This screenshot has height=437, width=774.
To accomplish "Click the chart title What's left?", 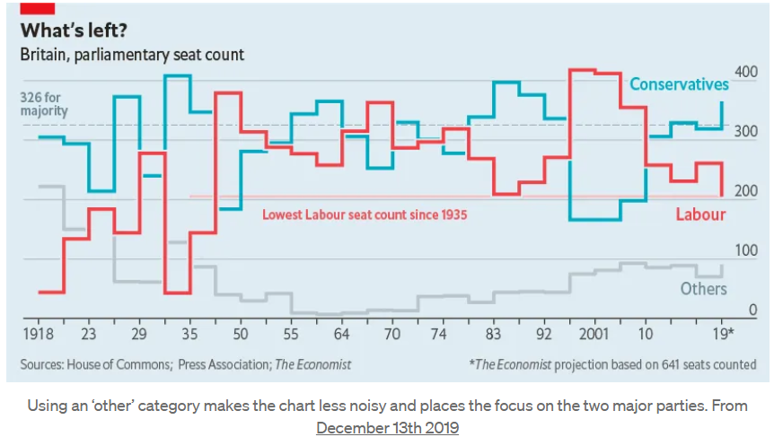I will pyautogui.click(x=74, y=31).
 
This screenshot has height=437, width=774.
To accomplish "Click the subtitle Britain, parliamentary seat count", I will pyautogui.click(x=132, y=55).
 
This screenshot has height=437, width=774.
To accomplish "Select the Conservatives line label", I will pyautogui.click(x=679, y=84).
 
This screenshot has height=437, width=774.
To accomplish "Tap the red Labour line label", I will pyautogui.click(x=700, y=214).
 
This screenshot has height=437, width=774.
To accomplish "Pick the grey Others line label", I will pyautogui.click(x=703, y=289).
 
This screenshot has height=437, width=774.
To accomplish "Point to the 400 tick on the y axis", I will pyautogui.click(x=745, y=71).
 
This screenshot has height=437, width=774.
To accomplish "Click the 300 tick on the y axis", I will pyautogui.click(x=745, y=131).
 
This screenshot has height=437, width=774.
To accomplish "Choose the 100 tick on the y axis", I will pyautogui.click(x=745, y=250).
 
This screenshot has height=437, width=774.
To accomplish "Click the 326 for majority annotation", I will pyautogui.click(x=44, y=104).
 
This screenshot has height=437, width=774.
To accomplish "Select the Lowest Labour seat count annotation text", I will pyautogui.click(x=365, y=215).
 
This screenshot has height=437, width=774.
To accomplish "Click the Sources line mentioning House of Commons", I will pyautogui.click(x=186, y=364).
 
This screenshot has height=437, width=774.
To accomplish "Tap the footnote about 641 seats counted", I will pyautogui.click(x=611, y=364).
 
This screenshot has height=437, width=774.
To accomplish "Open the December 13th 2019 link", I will pyautogui.click(x=387, y=428).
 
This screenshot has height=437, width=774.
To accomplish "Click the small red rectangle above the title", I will pyautogui.click(x=40, y=6).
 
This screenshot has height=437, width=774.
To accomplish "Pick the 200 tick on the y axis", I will pyautogui.click(x=745, y=191).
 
